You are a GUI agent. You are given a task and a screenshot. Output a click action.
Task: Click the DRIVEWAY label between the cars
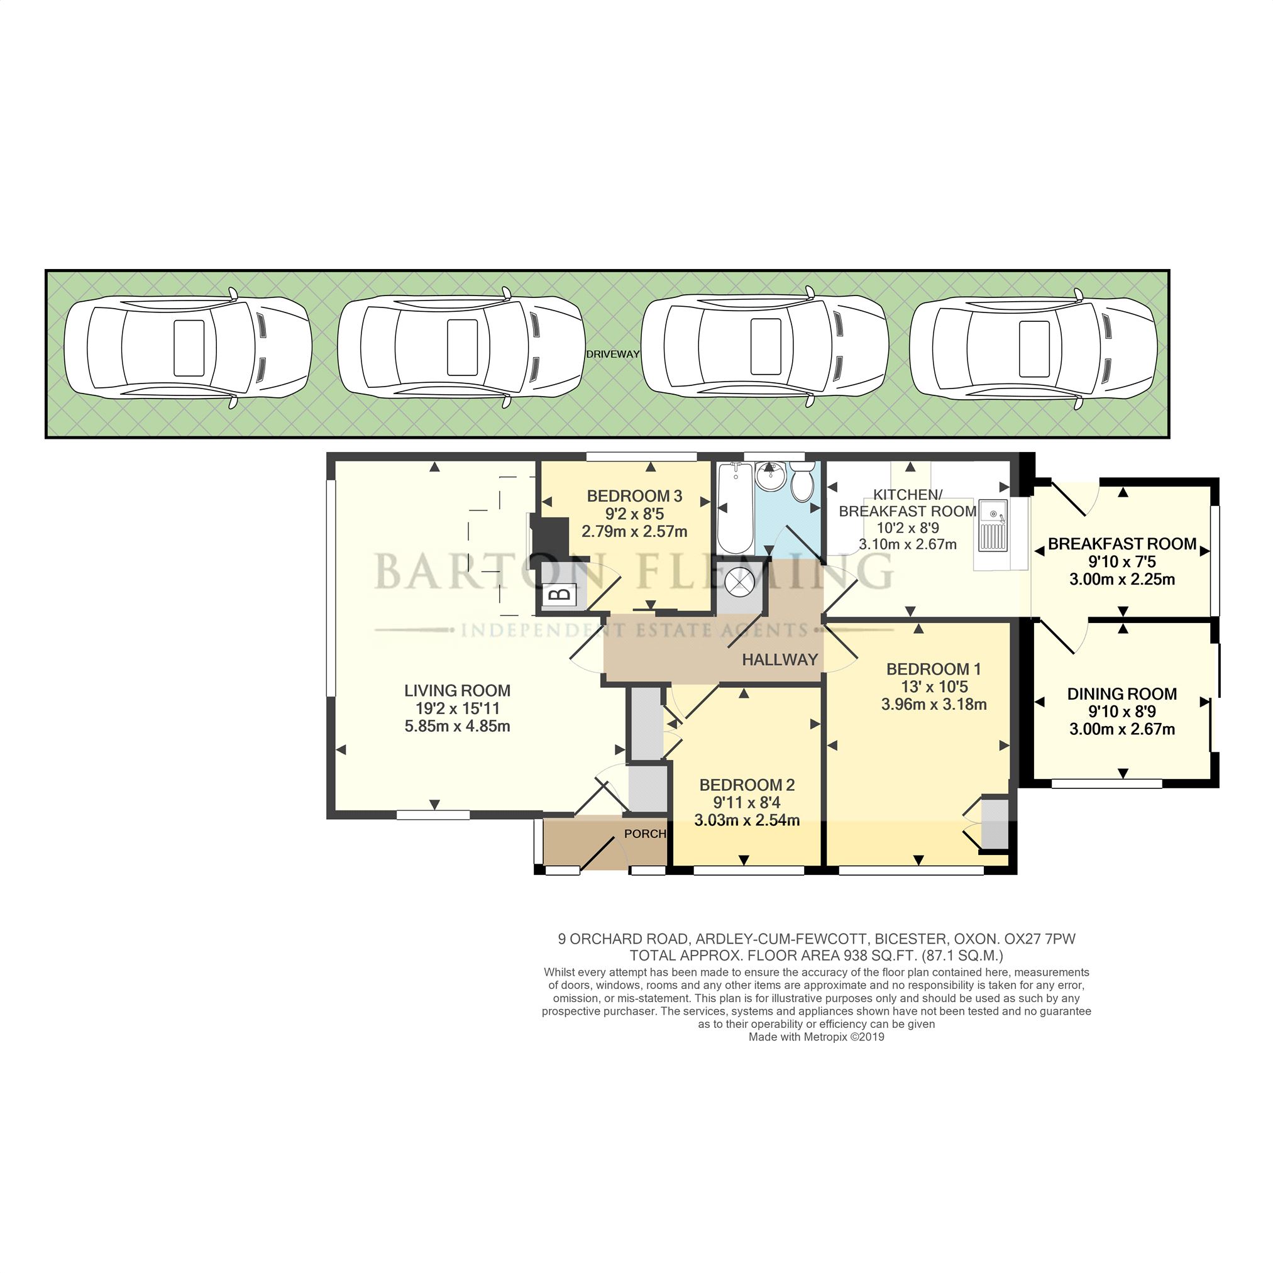pyautogui.click(x=613, y=355)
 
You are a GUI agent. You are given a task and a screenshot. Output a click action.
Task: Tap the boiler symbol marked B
pyautogui.click(x=560, y=595)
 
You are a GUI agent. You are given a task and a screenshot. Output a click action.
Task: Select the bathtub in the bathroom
pyautogui.click(x=735, y=509)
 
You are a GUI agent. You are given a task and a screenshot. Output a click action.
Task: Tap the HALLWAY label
pyautogui.click(x=780, y=659)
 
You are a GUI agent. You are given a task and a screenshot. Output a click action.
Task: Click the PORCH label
pyautogui.click(x=644, y=834)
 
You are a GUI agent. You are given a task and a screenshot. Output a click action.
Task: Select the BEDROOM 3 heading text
pyautogui.click(x=634, y=496)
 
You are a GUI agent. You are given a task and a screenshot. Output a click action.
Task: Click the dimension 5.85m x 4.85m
pyautogui.click(x=457, y=727)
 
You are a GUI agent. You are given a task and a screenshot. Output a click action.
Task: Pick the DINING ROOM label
pyautogui.click(x=1121, y=694)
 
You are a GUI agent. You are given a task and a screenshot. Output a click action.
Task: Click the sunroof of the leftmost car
pyautogui.click(x=189, y=347)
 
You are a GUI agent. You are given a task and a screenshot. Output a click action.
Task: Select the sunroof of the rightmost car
pyautogui.click(x=1034, y=348)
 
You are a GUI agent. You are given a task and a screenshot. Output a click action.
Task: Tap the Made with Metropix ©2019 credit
pyautogui.click(x=817, y=1037)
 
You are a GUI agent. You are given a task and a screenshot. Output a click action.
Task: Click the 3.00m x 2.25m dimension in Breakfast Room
pyautogui.click(x=1121, y=580)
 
